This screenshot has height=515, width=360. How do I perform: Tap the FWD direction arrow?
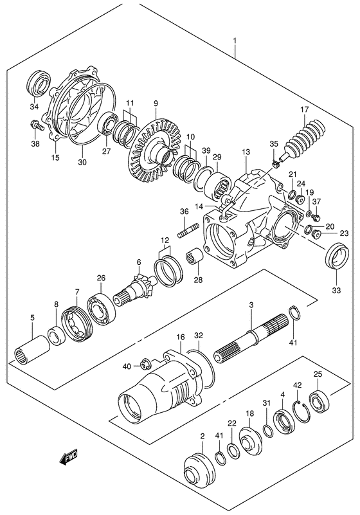pyautogui.click(x=67, y=458)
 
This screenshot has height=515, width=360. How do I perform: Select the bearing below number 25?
pyautogui.click(x=318, y=401)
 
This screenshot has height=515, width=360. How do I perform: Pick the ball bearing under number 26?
pyautogui.click(x=100, y=311)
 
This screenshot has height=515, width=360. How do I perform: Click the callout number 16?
pyautogui.click(x=181, y=337)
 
